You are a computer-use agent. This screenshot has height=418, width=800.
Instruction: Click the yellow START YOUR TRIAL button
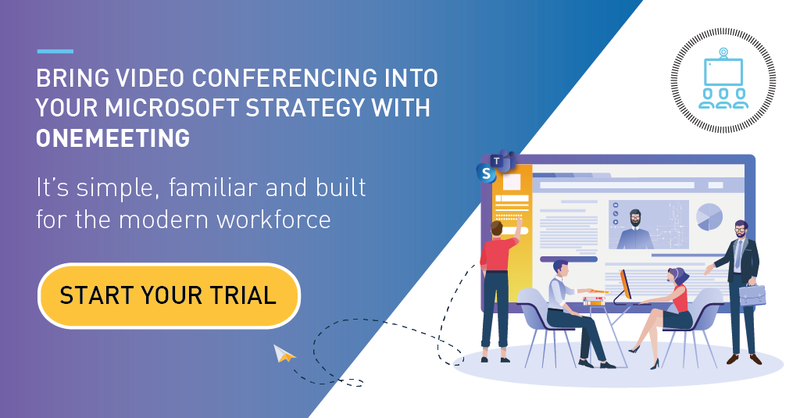coord(169,295)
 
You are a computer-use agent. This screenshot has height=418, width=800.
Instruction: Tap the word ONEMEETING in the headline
coord(112,138)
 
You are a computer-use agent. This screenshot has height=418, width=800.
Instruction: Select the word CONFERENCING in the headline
coord(284,78)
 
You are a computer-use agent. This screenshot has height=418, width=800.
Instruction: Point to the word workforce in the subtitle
coord(273,220)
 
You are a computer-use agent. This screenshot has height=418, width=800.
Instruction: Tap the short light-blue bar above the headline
coord(55,51)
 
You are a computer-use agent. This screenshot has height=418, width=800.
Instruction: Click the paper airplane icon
coord(284,353)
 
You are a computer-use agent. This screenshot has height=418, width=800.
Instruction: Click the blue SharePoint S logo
coord(486,173)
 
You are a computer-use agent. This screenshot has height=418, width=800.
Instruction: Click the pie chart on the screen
coord(709,217)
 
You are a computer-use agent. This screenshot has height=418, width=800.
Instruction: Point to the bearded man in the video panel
coord(634,229)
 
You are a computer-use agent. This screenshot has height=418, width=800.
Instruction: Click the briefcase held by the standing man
coord(752,295)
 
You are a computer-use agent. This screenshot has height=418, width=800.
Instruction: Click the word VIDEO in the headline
coord(149,78)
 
